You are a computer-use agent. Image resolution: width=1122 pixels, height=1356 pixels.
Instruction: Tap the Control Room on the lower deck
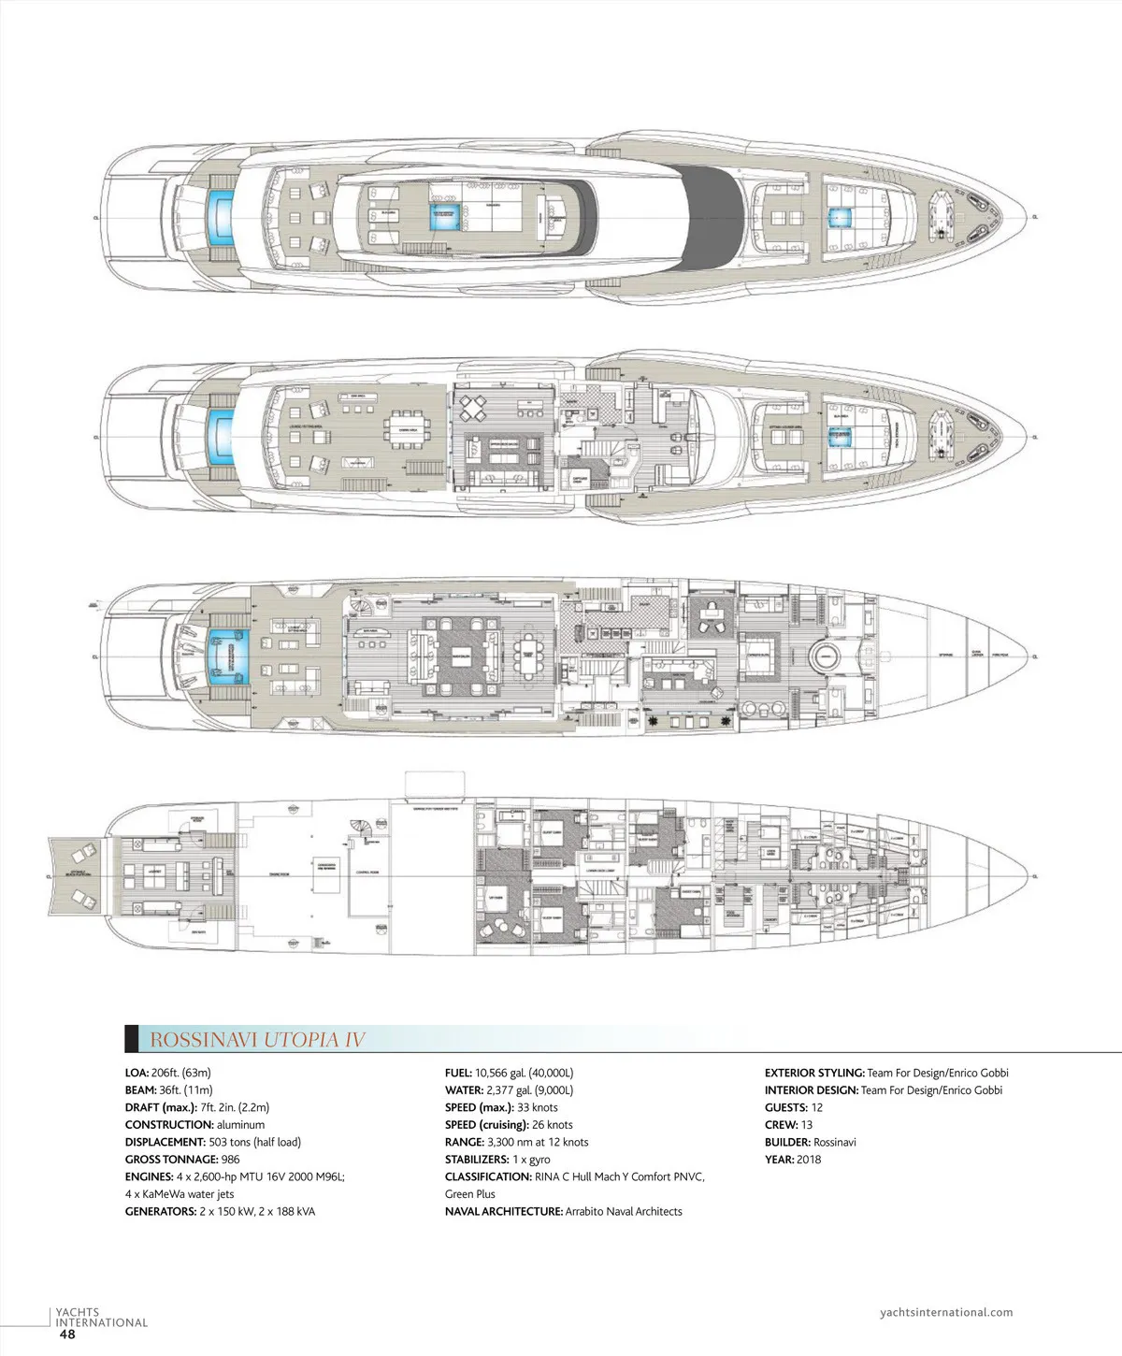[x=367, y=872]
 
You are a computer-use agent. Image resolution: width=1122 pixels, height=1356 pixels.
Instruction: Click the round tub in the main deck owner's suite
[x=824, y=653]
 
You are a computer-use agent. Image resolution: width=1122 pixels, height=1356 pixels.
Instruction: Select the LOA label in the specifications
[x=137, y=1073]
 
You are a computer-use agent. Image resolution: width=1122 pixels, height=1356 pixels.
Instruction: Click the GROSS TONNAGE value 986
[x=230, y=1160]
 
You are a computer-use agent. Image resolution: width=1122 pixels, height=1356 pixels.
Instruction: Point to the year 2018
[x=809, y=1160]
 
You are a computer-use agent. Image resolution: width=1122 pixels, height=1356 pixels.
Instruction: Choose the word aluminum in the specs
[x=240, y=1125]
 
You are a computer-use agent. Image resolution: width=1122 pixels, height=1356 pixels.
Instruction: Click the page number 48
[x=67, y=1334]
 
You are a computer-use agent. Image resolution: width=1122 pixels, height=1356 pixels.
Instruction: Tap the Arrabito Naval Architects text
[x=624, y=1211]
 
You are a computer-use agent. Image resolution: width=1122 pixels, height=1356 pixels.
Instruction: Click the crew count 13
[x=807, y=1125]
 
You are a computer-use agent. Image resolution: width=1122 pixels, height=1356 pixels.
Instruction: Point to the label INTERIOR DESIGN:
[x=811, y=1090]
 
